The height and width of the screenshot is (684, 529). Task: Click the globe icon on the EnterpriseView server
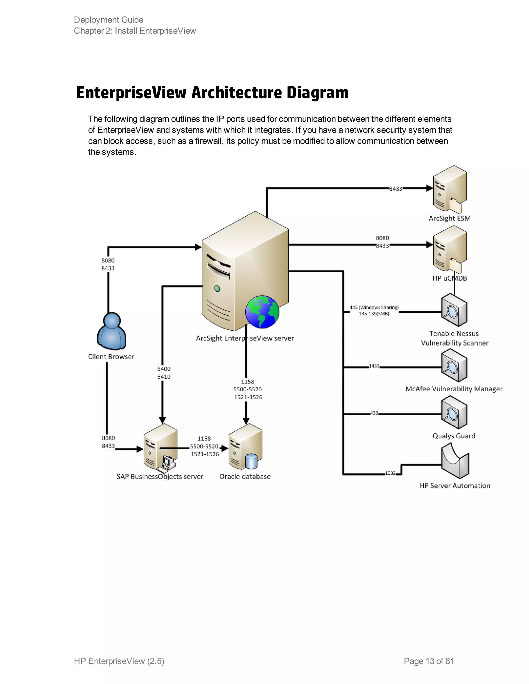click(262, 312)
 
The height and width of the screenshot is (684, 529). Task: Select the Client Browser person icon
click(112, 331)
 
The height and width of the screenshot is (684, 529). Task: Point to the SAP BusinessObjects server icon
click(160, 447)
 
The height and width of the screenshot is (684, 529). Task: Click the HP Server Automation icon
click(455, 462)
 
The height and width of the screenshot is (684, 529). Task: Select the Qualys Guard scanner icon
click(454, 412)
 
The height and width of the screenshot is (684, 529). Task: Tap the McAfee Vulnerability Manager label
click(454, 389)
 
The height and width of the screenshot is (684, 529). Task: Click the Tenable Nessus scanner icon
click(454, 310)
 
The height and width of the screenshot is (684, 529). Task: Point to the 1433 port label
click(374, 366)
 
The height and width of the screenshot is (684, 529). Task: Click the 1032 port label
click(390, 473)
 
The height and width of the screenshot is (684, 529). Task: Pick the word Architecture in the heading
click(237, 93)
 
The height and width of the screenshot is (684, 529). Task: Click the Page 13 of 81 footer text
click(429, 661)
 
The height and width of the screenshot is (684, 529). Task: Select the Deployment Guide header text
click(108, 20)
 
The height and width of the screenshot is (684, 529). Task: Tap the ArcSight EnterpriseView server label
click(245, 338)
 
